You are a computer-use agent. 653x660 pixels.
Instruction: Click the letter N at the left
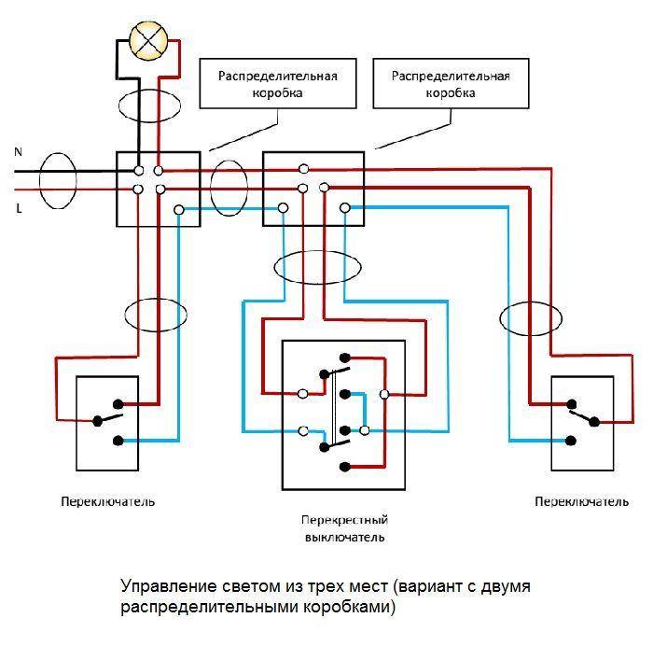tap(19, 150)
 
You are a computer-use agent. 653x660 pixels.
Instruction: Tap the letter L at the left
tap(19, 209)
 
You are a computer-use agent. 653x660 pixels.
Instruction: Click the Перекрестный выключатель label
tap(344, 528)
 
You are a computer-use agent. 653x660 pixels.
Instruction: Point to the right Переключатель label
tap(582, 501)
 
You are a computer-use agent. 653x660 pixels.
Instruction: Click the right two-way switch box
tap(583, 423)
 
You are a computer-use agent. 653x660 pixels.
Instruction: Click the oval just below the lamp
tap(149, 105)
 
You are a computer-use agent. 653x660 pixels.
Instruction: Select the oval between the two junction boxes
tap(228, 187)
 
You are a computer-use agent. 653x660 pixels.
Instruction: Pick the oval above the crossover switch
tap(317, 267)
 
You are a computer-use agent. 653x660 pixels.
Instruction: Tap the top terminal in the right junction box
tap(304, 169)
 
